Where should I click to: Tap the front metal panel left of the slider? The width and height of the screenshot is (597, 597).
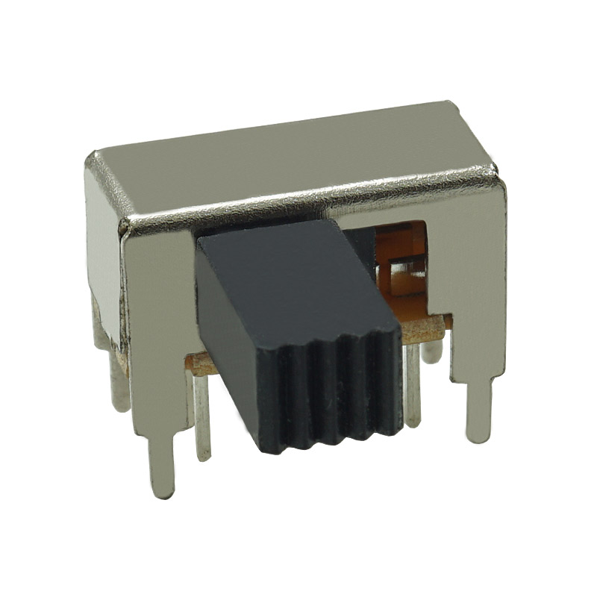click(x=160, y=313)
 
